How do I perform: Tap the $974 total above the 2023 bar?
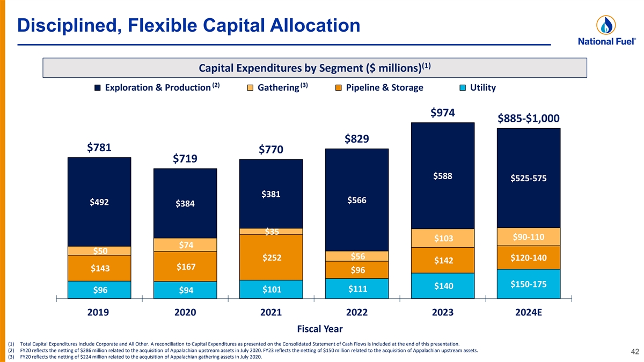(443, 113)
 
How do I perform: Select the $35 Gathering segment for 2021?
(272, 232)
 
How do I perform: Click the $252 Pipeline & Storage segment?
(272, 258)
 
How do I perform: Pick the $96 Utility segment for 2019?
(100, 290)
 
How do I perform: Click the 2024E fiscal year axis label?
(529, 313)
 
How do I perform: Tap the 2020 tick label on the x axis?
(186, 313)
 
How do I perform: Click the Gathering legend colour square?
(251, 88)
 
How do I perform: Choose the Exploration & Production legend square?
(98, 88)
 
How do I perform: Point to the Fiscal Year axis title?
(319, 328)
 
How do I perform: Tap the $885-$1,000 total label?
(529, 118)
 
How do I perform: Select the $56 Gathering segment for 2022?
(357, 256)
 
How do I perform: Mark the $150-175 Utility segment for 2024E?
(529, 284)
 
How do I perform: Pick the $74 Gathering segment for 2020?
(186, 245)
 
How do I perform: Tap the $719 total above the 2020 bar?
(186, 159)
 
